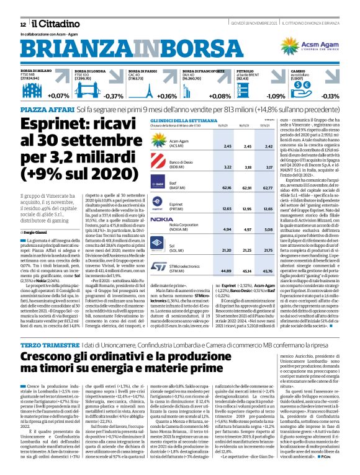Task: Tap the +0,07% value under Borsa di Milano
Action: tap(58, 96)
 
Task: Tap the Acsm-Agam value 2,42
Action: tap(268, 146)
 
